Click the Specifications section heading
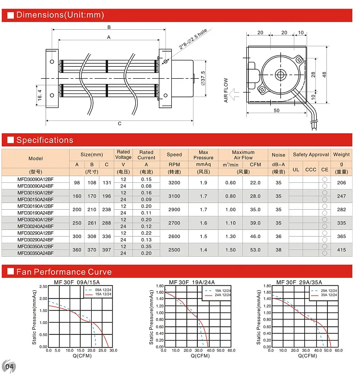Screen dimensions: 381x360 coord(45,140)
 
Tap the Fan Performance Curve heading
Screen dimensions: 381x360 coord(64,272)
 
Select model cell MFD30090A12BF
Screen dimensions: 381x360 coord(36,179)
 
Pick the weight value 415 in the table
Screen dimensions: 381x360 coord(341,250)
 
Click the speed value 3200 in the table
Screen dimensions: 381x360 coord(174,182)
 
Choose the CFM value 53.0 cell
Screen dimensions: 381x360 coord(255,250)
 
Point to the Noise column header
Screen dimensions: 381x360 coord(278,155)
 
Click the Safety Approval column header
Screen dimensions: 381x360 coord(311,155)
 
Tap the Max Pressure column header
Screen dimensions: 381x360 coord(204,155)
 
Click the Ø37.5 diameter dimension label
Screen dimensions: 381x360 coord(203,77)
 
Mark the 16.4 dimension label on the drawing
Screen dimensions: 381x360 coord(40,95)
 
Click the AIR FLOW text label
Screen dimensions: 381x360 coord(226,91)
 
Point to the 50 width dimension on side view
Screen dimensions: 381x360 coord(277,110)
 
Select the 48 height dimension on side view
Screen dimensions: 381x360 coord(324,74)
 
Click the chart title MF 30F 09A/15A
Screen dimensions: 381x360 coord(71,282)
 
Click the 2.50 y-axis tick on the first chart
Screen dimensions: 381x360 coord(43,286)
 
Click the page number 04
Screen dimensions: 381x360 coord(9,368)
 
